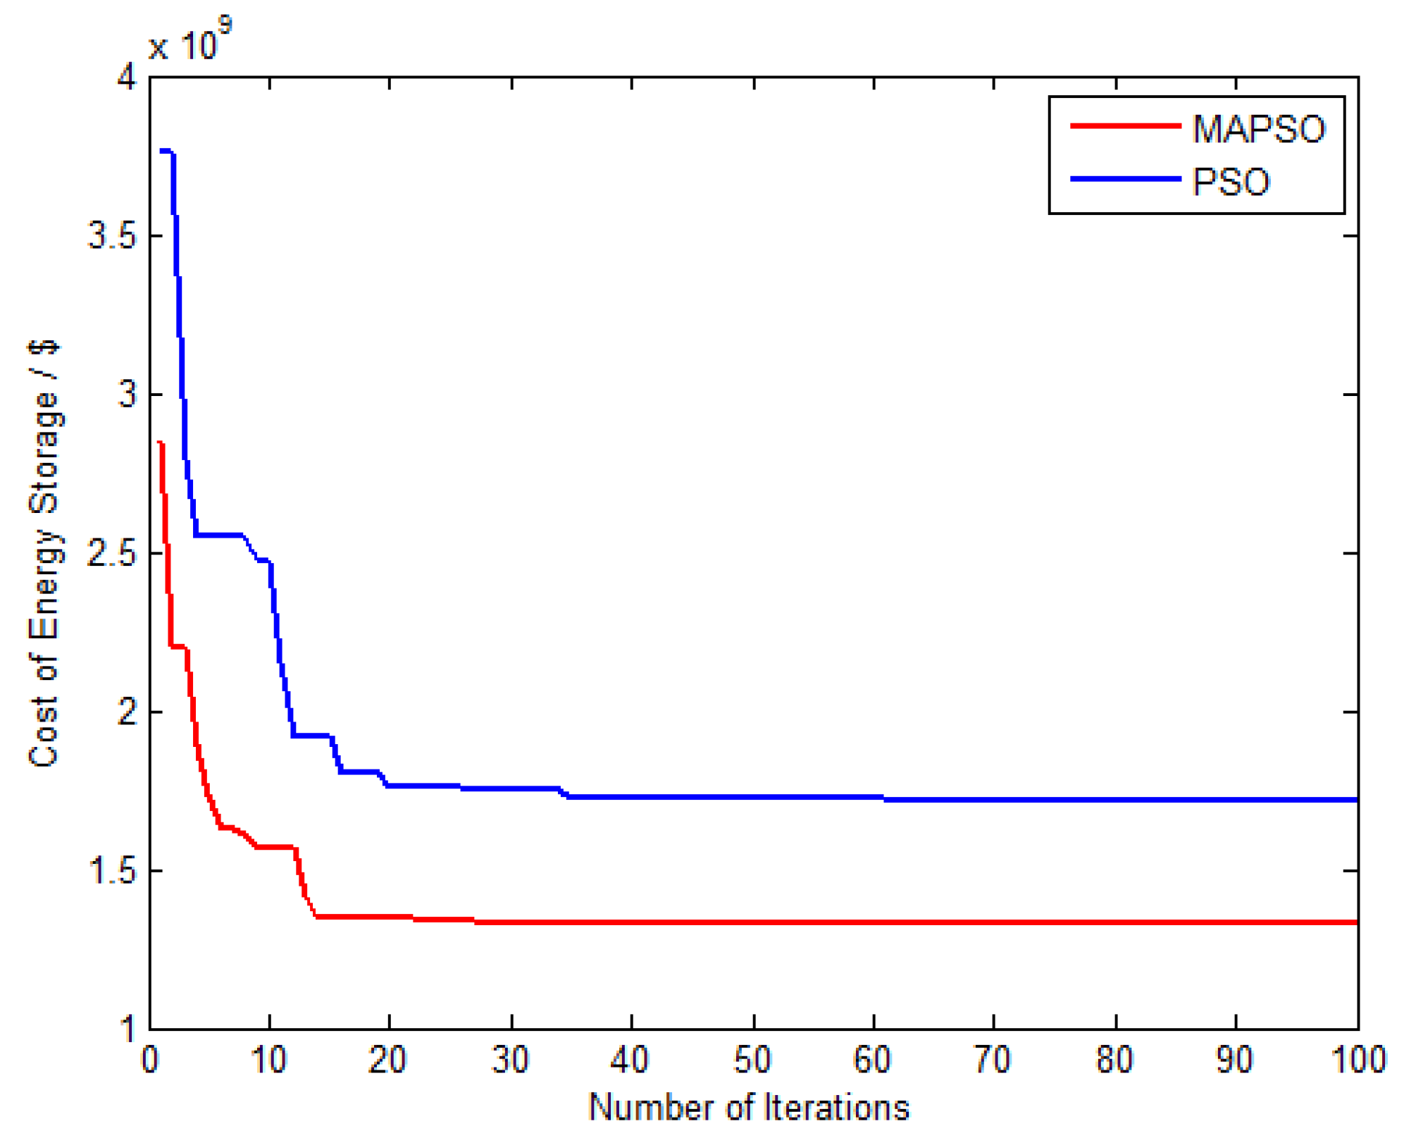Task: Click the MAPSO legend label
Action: [1258, 129]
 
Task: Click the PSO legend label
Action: [1230, 182]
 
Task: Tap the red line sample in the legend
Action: [1125, 126]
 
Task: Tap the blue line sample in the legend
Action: [1125, 179]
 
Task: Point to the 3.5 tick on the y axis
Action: [112, 235]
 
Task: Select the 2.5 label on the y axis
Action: [112, 554]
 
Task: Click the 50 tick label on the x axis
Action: [752, 1060]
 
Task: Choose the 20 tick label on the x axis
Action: [388, 1060]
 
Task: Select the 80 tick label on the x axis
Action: [1115, 1060]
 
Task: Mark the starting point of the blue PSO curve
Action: [161, 151]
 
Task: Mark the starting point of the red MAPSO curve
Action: [160, 443]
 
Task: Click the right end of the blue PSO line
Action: [1356, 800]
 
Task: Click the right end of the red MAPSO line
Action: [1356, 922]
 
